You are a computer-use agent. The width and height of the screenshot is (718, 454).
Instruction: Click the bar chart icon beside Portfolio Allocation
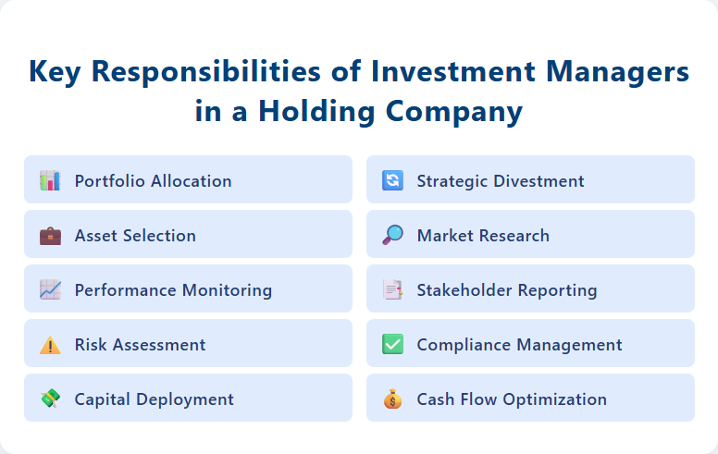50,180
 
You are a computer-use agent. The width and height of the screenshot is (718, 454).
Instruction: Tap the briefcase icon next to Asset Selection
50,235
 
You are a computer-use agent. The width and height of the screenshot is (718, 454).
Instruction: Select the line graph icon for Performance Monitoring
50,289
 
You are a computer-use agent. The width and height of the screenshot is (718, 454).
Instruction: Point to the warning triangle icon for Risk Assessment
50,345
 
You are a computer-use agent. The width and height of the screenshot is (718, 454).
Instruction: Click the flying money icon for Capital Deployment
50,399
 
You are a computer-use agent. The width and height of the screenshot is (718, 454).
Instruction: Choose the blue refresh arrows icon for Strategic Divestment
392,180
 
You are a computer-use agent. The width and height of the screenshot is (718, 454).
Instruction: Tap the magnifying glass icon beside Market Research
392,235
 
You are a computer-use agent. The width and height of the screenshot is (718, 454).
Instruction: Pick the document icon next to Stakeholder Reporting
392,289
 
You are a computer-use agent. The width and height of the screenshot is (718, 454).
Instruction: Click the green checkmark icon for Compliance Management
392,345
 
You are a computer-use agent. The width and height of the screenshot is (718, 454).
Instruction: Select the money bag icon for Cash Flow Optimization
392,399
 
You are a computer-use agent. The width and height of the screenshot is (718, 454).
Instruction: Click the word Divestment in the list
538,181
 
